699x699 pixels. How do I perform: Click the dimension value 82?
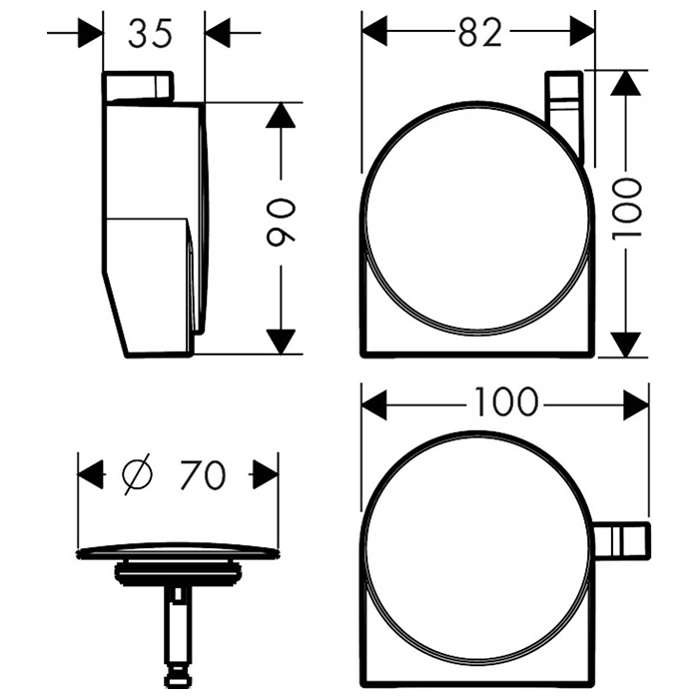point(480,32)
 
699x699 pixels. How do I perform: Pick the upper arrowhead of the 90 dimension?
point(283,115)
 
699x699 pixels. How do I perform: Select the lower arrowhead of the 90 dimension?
point(283,341)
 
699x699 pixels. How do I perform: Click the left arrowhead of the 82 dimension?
point(374,32)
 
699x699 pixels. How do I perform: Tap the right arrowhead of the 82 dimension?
point(583,32)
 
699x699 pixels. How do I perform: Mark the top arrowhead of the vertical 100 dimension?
point(625,83)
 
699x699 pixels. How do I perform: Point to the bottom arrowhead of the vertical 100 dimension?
point(625,343)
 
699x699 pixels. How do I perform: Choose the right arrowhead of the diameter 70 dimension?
point(266,473)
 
